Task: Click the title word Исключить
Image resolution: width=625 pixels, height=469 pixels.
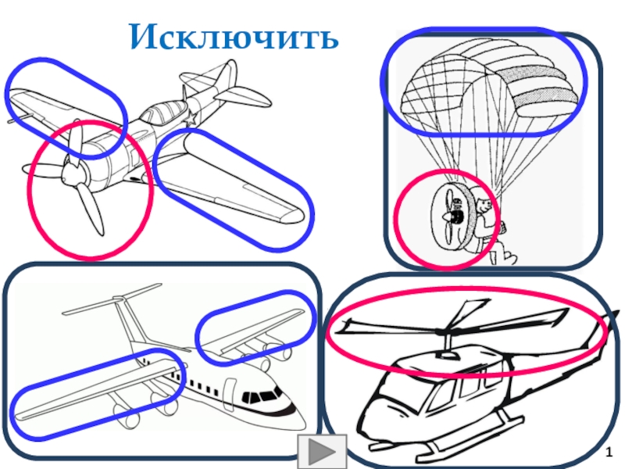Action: [x=234, y=35]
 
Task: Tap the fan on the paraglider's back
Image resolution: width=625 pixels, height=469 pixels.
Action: [x=448, y=216]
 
